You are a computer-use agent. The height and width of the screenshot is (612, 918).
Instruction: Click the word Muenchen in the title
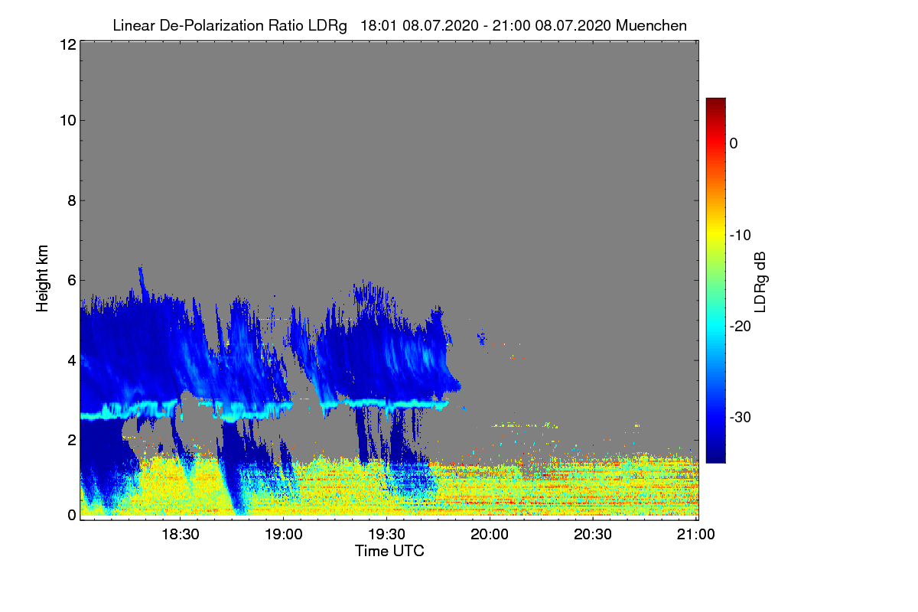click(x=651, y=25)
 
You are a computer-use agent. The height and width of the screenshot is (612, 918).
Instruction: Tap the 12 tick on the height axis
click(x=67, y=45)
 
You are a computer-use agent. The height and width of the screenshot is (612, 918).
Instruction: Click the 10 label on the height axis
click(x=67, y=120)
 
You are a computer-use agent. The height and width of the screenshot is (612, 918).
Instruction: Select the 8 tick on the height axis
click(x=70, y=200)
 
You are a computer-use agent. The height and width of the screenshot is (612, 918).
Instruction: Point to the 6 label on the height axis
click(x=70, y=280)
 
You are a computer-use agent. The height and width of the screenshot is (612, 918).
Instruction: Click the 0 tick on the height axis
click(x=70, y=515)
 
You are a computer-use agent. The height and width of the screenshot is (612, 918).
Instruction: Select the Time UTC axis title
click(x=389, y=551)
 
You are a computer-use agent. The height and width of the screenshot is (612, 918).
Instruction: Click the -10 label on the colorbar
click(x=740, y=235)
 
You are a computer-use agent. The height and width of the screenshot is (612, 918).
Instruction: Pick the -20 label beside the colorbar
click(x=740, y=326)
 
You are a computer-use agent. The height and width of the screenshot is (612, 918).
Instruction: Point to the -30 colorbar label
click(x=740, y=418)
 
